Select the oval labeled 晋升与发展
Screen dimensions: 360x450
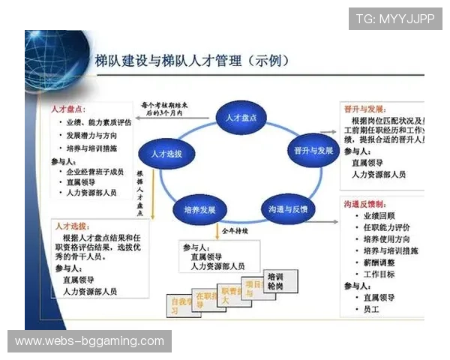click(x=310, y=151)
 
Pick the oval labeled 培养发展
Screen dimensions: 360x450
click(x=199, y=208)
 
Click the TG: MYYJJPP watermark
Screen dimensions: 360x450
click(x=395, y=18)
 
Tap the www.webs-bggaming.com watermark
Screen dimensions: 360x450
click(x=89, y=341)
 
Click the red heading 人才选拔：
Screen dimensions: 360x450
click(x=75, y=225)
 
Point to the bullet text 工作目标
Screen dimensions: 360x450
click(x=379, y=274)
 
